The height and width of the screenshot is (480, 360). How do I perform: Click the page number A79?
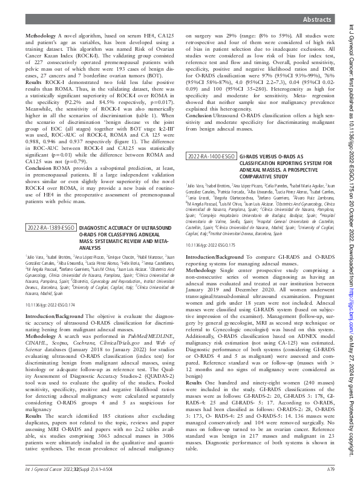332,468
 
